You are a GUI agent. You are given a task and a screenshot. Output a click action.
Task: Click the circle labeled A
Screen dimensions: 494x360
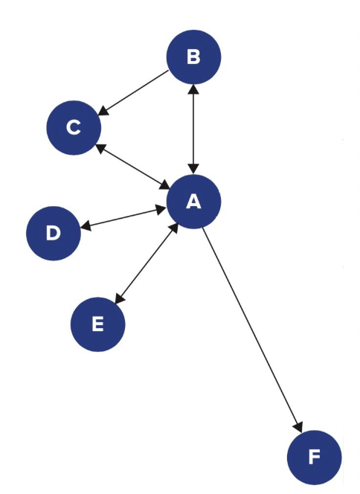click(194, 201)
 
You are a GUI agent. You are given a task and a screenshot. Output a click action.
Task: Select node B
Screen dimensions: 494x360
click(193, 57)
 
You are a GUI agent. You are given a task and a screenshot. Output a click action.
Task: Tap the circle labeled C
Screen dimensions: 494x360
click(73, 128)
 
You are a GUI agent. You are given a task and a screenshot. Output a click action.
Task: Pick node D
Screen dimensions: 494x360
click(53, 233)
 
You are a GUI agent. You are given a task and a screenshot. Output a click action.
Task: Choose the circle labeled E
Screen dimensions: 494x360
click(97, 324)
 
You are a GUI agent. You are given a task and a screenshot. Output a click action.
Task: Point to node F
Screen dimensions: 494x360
click(314, 457)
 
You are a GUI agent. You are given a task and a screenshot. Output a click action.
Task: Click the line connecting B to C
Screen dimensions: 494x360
click(135, 92)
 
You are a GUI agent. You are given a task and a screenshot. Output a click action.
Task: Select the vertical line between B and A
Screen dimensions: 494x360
click(193, 128)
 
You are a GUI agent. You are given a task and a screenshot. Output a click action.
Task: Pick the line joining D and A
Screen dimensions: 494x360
click(123, 217)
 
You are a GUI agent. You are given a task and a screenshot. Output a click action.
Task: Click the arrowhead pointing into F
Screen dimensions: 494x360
click(298, 426)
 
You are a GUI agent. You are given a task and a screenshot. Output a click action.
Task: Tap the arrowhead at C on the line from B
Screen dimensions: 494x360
click(103, 111)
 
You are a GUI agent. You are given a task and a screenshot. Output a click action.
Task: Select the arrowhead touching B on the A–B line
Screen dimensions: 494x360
click(193, 89)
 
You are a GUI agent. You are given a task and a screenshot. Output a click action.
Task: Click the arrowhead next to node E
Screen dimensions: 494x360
click(118, 298)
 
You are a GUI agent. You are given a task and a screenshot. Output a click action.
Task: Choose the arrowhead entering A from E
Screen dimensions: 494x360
click(173, 227)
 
